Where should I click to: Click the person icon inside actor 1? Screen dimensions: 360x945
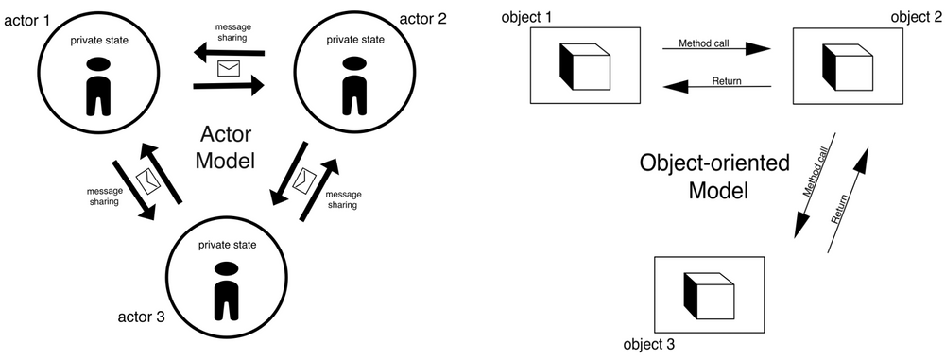pos(97,84)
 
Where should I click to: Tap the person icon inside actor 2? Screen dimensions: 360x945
pos(353,84)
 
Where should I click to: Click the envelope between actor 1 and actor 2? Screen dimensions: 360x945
pos(229,68)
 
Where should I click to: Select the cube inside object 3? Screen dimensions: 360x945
pos(709,293)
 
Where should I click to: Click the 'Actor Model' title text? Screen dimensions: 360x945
pos(226,146)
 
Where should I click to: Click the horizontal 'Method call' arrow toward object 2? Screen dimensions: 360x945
pos(715,49)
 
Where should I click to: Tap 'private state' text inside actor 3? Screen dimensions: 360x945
pos(225,244)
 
